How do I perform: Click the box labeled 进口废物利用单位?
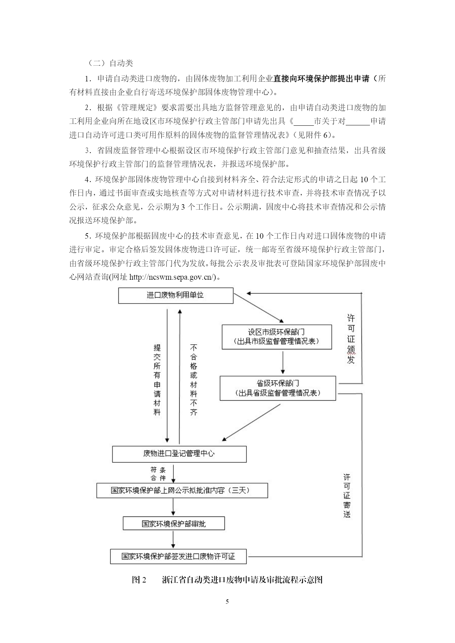pos(176,295)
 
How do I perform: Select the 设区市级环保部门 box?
pos(277,337)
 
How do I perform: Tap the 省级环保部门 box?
pos(278,388)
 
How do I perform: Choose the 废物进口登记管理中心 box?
pos(179,454)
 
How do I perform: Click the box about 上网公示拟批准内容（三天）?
pos(182,490)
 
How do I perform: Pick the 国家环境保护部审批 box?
pos(174,523)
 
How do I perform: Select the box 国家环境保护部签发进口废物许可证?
pos(178,556)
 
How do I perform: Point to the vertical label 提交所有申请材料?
pos(157,379)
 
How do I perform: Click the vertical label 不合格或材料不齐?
pos(194,379)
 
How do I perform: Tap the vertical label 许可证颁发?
pos(351,339)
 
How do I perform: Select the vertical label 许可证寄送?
pos(347,495)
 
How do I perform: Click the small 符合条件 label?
pos(158,474)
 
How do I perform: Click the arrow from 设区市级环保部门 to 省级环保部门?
pos(283,362)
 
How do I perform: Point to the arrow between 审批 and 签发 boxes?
pos(173,539)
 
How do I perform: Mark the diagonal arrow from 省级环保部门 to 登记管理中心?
pos(251,422)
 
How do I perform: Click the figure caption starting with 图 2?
pos(227,580)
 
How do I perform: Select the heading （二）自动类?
pos(110,63)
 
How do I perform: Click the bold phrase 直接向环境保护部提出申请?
pos(321,78)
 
